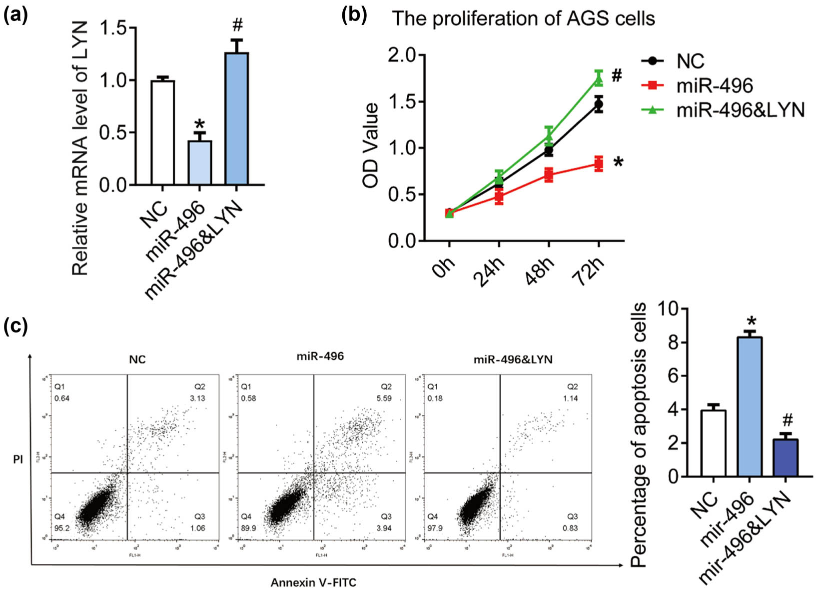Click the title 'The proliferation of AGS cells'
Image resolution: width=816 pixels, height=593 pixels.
[x=523, y=19]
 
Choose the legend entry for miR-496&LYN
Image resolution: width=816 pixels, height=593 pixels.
[x=740, y=110]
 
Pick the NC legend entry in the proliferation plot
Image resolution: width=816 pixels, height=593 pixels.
[x=690, y=61]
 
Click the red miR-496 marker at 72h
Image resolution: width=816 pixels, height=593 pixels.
[x=599, y=163]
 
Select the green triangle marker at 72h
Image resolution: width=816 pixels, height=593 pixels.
[x=599, y=78]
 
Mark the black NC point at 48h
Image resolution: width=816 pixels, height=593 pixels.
[x=549, y=150]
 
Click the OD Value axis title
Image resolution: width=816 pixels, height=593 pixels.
[x=371, y=145]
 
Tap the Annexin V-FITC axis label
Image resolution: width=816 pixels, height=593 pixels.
[x=313, y=582]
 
